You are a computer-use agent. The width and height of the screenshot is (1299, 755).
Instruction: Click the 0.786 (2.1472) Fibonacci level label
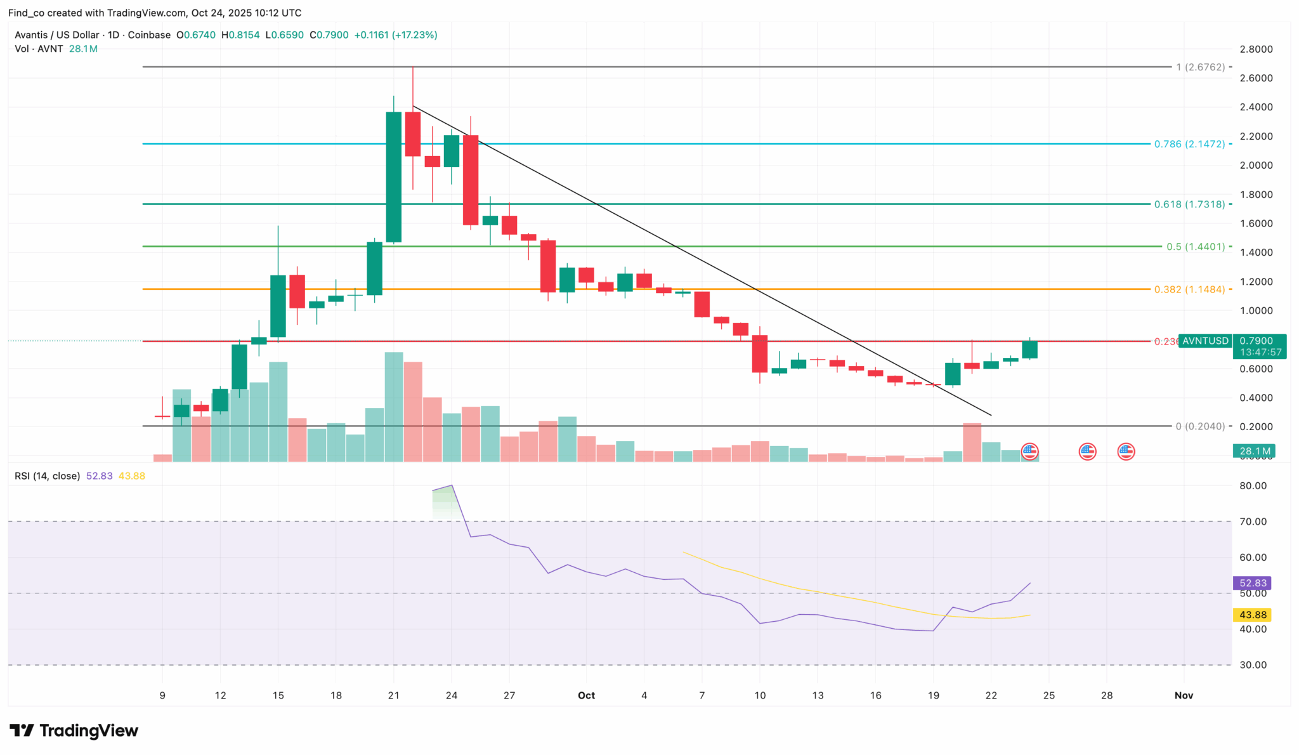click(x=1189, y=144)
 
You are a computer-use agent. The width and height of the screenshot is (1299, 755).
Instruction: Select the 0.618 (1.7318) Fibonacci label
click(x=1189, y=204)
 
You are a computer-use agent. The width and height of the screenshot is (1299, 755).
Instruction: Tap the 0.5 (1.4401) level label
click(x=1196, y=246)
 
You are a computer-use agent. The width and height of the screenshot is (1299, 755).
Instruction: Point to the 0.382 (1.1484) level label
click(x=1189, y=289)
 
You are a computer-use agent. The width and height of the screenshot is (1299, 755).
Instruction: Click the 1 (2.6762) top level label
click(x=1200, y=67)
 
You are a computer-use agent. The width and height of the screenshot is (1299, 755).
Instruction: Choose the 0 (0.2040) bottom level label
click(x=1200, y=426)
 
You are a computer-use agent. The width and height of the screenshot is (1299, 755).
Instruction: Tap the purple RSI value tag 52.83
click(x=1253, y=583)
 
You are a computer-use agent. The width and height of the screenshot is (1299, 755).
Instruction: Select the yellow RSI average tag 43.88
click(x=1253, y=615)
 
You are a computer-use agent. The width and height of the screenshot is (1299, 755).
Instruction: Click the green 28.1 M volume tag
click(x=1254, y=452)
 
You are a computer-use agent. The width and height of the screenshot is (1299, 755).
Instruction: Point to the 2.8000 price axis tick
click(x=1256, y=49)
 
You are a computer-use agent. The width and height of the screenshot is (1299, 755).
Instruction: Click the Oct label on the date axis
click(x=586, y=695)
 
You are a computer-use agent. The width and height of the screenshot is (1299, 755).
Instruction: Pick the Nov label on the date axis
click(x=1184, y=695)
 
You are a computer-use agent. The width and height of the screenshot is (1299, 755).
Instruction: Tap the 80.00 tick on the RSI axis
click(x=1253, y=486)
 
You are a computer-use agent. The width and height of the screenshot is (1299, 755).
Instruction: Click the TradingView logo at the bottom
click(x=74, y=731)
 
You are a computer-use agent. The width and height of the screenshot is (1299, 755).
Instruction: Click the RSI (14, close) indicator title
click(x=48, y=476)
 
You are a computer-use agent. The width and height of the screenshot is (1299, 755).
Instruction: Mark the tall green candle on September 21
click(x=393, y=177)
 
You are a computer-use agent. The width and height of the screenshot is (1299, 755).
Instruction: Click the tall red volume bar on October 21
click(x=972, y=442)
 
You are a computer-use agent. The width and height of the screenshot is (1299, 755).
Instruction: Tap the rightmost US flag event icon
click(x=1126, y=452)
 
